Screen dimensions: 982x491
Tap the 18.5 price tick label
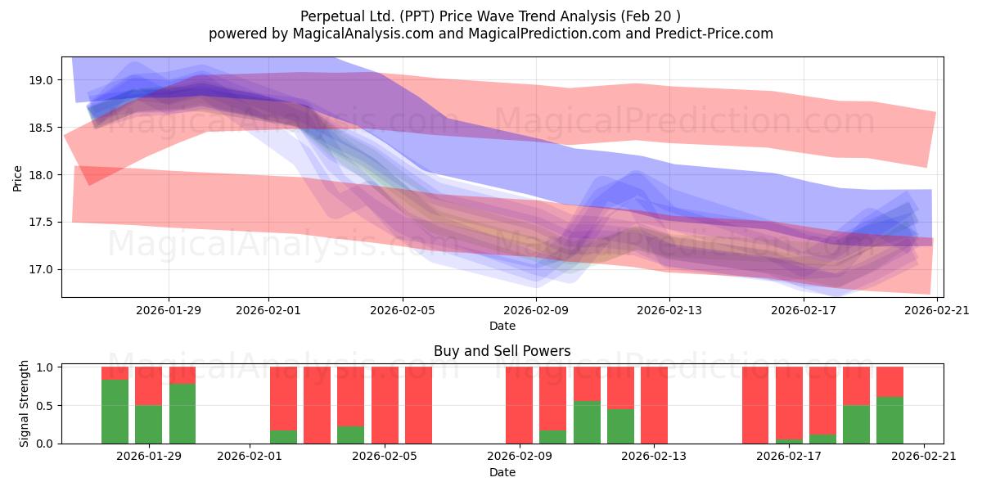pyautogui.click(x=41, y=128)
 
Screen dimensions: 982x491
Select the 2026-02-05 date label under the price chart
pyautogui.click(x=403, y=310)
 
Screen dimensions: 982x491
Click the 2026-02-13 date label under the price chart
pyautogui.click(x=669, y=310)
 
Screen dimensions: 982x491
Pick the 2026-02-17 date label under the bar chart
pyautogui.click(x=789, y=457)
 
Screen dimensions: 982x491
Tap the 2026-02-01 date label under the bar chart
pyautogui.click(x=250, y=457)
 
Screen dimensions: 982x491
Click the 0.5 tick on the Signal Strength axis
pyautogui.click(x=44, y=406)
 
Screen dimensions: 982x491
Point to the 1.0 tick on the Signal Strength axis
pyautogui.click(x=44, y=367)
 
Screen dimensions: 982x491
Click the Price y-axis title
pyautogui.click(x=17, y=178)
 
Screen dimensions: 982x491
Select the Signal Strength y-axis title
pyautogui.click(x=24, y=403)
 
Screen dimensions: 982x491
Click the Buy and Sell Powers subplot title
pyautogui.click(x=502, y=351)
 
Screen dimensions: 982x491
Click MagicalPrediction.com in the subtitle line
pyautogui.click(x=544, y=34)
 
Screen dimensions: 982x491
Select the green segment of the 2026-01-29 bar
pyautogui.click(x=149, y=425)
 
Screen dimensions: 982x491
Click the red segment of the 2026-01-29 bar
pyautogui.click(x=149, y=386)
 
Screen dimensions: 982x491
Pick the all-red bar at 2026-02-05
pyautogui.click(x=385, y=406)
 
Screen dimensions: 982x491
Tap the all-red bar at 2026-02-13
pyautogui.click(x=654, y=406)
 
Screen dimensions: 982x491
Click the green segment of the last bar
pyautogui.click(x=890, y=421)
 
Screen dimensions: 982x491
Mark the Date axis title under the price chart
pyautogui.click(x=502, y=326)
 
